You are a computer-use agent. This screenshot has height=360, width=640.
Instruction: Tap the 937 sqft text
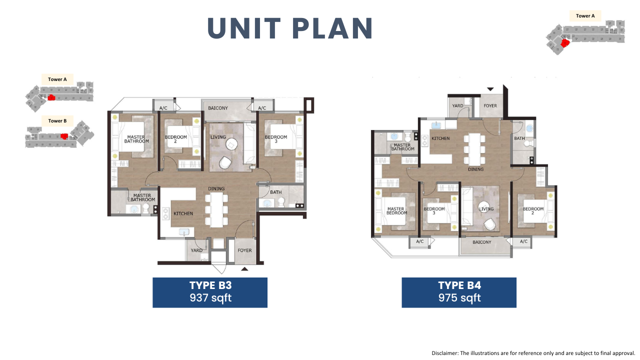coord(210,298)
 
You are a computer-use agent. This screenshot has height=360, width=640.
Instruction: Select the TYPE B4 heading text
coord(459,285)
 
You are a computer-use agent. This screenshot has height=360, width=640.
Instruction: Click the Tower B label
coord(57,121)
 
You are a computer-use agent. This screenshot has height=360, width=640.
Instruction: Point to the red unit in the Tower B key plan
coord(64,136)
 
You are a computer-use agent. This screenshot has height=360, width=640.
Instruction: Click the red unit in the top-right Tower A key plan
coord(565,43)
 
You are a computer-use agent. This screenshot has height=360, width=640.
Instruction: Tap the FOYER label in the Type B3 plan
coord(244,250)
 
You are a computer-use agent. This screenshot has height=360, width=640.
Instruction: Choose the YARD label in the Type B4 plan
coord(457,105)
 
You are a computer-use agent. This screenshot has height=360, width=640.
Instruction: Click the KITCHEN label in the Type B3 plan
coord(183,213)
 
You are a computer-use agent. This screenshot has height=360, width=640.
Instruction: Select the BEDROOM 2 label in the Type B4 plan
coord(533,211)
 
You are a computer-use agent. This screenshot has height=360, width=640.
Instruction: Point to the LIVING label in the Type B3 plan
coord(218,137)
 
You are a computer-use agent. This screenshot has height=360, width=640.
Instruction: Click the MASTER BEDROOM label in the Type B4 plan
coord(396,211)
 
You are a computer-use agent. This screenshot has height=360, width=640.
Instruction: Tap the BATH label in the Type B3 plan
coord(275,192)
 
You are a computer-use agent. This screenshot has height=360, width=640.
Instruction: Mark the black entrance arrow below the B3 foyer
coord(244,269)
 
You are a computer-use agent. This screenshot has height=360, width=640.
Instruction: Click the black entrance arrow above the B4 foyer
coord(490,89)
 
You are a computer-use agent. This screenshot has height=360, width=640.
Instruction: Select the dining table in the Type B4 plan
coord(474,149)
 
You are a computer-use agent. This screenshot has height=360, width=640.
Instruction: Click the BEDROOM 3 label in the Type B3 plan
coord(275,139)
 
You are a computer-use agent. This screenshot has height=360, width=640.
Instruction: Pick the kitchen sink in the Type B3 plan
coord(184,232)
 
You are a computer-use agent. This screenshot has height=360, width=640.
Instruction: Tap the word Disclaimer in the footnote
coord(444,353)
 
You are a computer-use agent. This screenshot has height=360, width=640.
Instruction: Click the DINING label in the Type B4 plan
coord(475,169)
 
